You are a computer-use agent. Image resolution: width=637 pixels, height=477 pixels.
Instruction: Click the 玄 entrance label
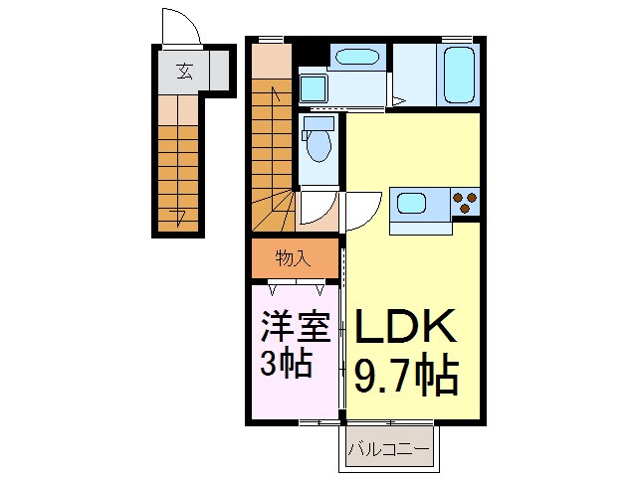click(185, 71)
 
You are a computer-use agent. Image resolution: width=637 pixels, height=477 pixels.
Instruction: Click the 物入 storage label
click(294, 259)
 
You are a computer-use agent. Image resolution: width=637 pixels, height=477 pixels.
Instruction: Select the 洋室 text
click(296, 328)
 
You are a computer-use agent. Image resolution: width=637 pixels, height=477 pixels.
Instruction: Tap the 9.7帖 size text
click(407, 377)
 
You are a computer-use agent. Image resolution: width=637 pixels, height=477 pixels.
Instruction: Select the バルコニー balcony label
click(389, 450)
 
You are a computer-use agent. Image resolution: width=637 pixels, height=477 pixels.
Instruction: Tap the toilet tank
click(319, 124)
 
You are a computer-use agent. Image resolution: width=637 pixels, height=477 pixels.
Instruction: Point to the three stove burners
click(464, 202)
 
